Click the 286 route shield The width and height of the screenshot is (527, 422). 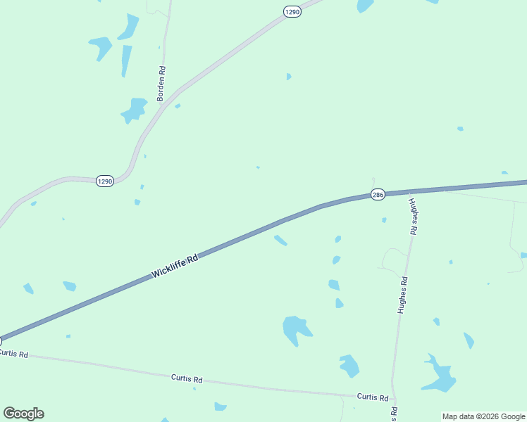click(x=378, y=194)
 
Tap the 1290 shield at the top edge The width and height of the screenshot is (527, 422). click(x=293, y=12)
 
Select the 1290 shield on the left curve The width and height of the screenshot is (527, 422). click(x=104, y=181)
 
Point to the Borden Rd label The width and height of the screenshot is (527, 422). click(x=161, y=84)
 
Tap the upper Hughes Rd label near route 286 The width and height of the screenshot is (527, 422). click(x=414, y=215)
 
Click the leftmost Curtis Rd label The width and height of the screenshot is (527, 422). click(x=13, y=354)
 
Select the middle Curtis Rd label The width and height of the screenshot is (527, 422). click(x=187, y=378)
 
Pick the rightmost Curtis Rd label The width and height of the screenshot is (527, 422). click(x=372, y=397)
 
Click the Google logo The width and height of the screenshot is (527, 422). click(x=23, y=414)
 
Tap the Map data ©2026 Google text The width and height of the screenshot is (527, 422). click(x=483, y=416)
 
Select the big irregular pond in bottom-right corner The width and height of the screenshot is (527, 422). click(x=440, y=376)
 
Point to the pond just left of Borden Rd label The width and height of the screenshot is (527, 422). click(x=133, y=110)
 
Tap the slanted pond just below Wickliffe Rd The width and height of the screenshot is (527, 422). click(x=280, y=241)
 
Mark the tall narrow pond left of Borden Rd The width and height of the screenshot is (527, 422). click(x=126, y=60)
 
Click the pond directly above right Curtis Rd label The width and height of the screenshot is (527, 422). click(x=349, y=365)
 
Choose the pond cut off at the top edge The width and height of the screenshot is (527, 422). click(x=364, y=5)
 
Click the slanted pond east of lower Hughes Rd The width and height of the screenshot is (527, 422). click(x=469, y=340)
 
